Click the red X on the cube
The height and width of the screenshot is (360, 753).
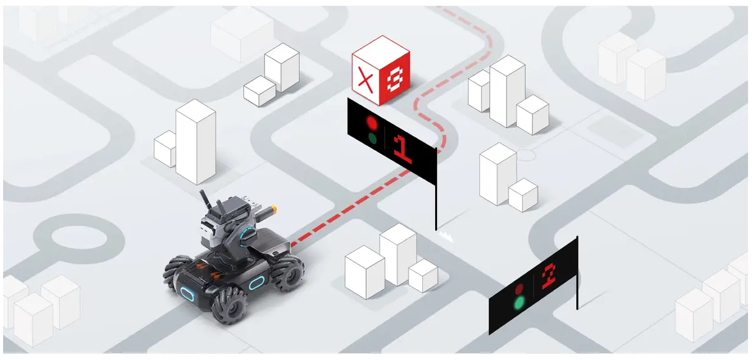pos(366,79)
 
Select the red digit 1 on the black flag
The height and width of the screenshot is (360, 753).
pos(402,149)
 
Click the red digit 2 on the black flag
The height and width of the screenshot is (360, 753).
pos(549,277)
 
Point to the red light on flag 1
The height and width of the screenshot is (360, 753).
pos(372,123)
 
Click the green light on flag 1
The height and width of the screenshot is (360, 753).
pos(372,138)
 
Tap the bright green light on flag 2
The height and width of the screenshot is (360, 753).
pos(520,303)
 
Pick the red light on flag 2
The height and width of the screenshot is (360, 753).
pos(520,289)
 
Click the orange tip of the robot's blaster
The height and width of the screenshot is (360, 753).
pos(274,209)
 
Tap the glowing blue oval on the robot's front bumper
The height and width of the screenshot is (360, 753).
pos(187,294)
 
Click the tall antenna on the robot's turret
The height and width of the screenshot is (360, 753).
pos(204,200)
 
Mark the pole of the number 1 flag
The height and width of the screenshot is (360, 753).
pos(436,189)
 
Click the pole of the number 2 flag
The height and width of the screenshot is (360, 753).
pos(577,272)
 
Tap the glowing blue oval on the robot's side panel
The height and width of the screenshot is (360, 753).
pos(256,283)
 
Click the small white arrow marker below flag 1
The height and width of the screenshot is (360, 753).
pos(446,236)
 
